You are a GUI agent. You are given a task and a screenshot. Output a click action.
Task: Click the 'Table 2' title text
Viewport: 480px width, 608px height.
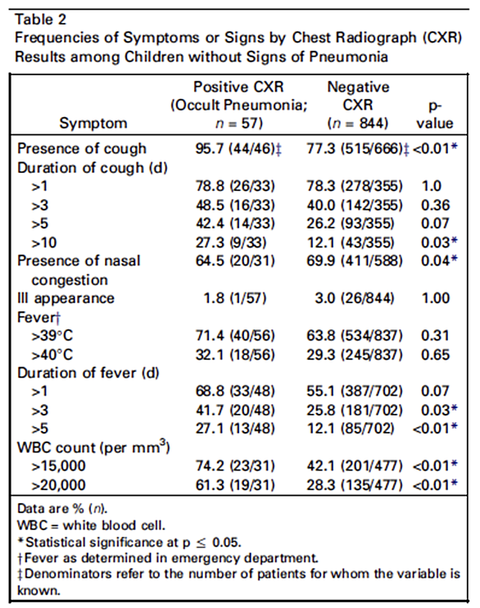tap(41, 20)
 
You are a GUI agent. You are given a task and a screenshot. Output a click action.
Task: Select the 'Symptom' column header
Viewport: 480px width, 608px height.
tap(93, 123)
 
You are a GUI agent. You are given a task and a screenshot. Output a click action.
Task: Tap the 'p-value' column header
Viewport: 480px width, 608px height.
tap(435, 115)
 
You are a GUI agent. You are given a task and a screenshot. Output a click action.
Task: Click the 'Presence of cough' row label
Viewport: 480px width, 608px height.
tap(82, 148)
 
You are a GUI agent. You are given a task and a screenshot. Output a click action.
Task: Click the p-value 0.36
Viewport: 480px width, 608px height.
tap(436, 205)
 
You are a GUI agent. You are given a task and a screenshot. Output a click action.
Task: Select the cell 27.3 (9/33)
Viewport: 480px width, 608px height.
tap(231, 243)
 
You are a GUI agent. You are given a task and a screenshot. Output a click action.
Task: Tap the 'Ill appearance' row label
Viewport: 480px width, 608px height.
tap(66, 298)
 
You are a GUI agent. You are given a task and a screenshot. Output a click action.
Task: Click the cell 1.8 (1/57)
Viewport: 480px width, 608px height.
tap(235, 298)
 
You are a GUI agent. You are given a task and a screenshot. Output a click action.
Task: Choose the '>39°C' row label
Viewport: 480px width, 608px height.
tap(52, 335)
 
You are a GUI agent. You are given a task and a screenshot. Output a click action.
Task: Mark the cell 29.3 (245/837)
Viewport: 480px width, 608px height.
tap(355, 355)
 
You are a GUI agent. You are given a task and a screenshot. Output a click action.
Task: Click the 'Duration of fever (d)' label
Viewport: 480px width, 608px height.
tap(88, 373)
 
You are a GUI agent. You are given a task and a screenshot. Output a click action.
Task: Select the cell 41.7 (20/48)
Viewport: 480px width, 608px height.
tap(235, 410)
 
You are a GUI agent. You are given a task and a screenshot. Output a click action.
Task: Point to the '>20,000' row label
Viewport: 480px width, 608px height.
tap(58, 485)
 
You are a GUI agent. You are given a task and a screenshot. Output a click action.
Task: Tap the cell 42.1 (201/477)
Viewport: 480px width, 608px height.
tap(355, 465)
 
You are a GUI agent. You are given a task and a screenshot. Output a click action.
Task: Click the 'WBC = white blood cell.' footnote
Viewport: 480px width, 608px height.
tap(91, 525)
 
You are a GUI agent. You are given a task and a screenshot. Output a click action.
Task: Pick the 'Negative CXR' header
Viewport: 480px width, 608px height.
tap(358, 96)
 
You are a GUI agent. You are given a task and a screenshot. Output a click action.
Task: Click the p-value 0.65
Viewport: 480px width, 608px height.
tap(436, 355)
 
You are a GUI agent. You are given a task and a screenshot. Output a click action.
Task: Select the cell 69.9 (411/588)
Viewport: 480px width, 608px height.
tap(355, 261)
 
